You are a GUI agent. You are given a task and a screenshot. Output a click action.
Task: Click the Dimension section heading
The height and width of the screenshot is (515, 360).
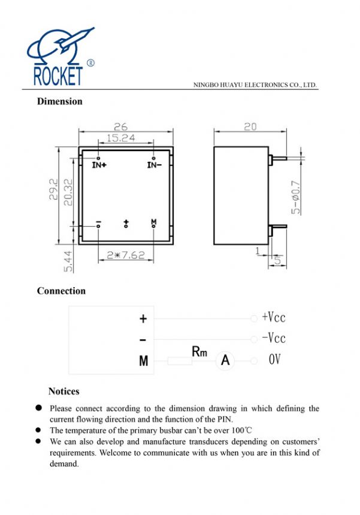60,101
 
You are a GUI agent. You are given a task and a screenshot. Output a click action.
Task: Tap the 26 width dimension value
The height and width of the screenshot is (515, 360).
121,127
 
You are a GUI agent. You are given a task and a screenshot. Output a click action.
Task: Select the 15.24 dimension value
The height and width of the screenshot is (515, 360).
121,138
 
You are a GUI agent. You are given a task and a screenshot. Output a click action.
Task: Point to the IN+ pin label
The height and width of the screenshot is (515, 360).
99,165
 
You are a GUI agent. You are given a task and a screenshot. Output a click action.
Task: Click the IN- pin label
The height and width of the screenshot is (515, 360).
154,165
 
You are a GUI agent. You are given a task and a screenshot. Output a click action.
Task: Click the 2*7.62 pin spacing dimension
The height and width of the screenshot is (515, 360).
125,255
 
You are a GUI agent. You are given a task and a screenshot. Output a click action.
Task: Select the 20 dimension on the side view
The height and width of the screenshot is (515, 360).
250,127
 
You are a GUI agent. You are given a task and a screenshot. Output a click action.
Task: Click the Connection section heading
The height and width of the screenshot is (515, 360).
61,291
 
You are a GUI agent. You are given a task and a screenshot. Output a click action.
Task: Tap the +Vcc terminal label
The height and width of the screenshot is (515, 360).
274,317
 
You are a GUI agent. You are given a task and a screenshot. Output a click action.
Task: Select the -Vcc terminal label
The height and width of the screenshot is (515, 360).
274,338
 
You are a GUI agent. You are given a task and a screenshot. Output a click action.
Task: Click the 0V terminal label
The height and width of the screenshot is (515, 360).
274,360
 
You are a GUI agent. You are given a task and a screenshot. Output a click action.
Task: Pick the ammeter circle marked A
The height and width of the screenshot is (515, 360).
225,360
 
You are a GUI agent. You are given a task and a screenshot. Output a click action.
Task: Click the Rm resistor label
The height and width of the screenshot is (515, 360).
199,352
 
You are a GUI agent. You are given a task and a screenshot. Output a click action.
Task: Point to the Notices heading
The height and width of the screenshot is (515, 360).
64,391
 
